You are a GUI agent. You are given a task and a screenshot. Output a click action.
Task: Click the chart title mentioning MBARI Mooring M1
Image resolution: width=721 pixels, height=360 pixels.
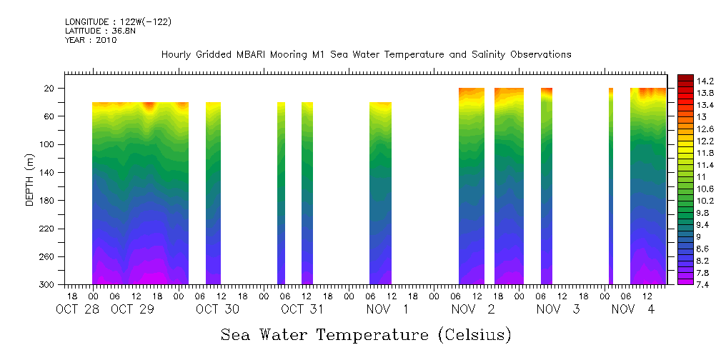click(x=366, y=54)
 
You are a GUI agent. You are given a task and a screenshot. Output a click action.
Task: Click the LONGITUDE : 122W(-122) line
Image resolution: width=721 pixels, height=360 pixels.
click(x=118, y=22)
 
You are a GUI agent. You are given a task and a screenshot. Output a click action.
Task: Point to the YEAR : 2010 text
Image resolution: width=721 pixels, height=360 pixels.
click(x=90, y=40)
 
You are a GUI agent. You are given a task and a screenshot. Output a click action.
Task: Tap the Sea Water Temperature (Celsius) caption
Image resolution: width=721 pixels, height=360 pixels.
click(x=366, y=334)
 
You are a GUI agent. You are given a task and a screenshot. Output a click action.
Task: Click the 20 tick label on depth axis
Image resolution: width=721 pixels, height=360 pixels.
click(x=49, y=89)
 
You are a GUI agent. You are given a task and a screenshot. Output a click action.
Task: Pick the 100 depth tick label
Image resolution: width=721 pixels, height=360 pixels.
click(x=47, y=144)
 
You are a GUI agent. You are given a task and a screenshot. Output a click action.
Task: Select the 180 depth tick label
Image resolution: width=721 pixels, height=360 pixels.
click(x=47, y=201)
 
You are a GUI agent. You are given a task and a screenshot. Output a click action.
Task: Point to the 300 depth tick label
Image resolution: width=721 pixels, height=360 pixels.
click(x=47, y=285)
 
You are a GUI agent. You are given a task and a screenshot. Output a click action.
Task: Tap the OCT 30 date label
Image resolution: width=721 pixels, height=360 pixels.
click(x=217, y=309)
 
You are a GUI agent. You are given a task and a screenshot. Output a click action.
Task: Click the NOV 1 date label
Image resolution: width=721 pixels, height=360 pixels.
click(x=387, y=309)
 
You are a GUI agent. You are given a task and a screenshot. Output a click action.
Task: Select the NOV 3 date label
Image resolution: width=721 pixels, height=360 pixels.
click(x=557, y=309)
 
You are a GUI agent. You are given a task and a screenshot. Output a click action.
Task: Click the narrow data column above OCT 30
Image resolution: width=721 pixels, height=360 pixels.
click(x=213, y=193)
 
